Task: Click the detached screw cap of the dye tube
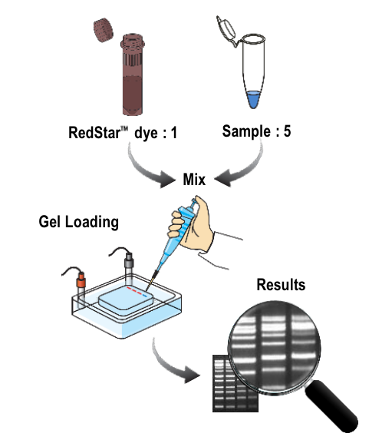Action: [x=104, y=30]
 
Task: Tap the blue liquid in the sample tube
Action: [x=254, y=99]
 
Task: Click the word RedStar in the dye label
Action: [x=94, y=132]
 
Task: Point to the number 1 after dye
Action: [x=174, y=133]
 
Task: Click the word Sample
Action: [x=247, y=131]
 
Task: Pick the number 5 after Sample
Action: [x=287, y=131]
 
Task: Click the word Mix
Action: [x=194, y=180]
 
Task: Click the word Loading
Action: [x=92, y=223]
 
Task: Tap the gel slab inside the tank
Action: [x=126, y=298]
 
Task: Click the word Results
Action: [x=281, y=285]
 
